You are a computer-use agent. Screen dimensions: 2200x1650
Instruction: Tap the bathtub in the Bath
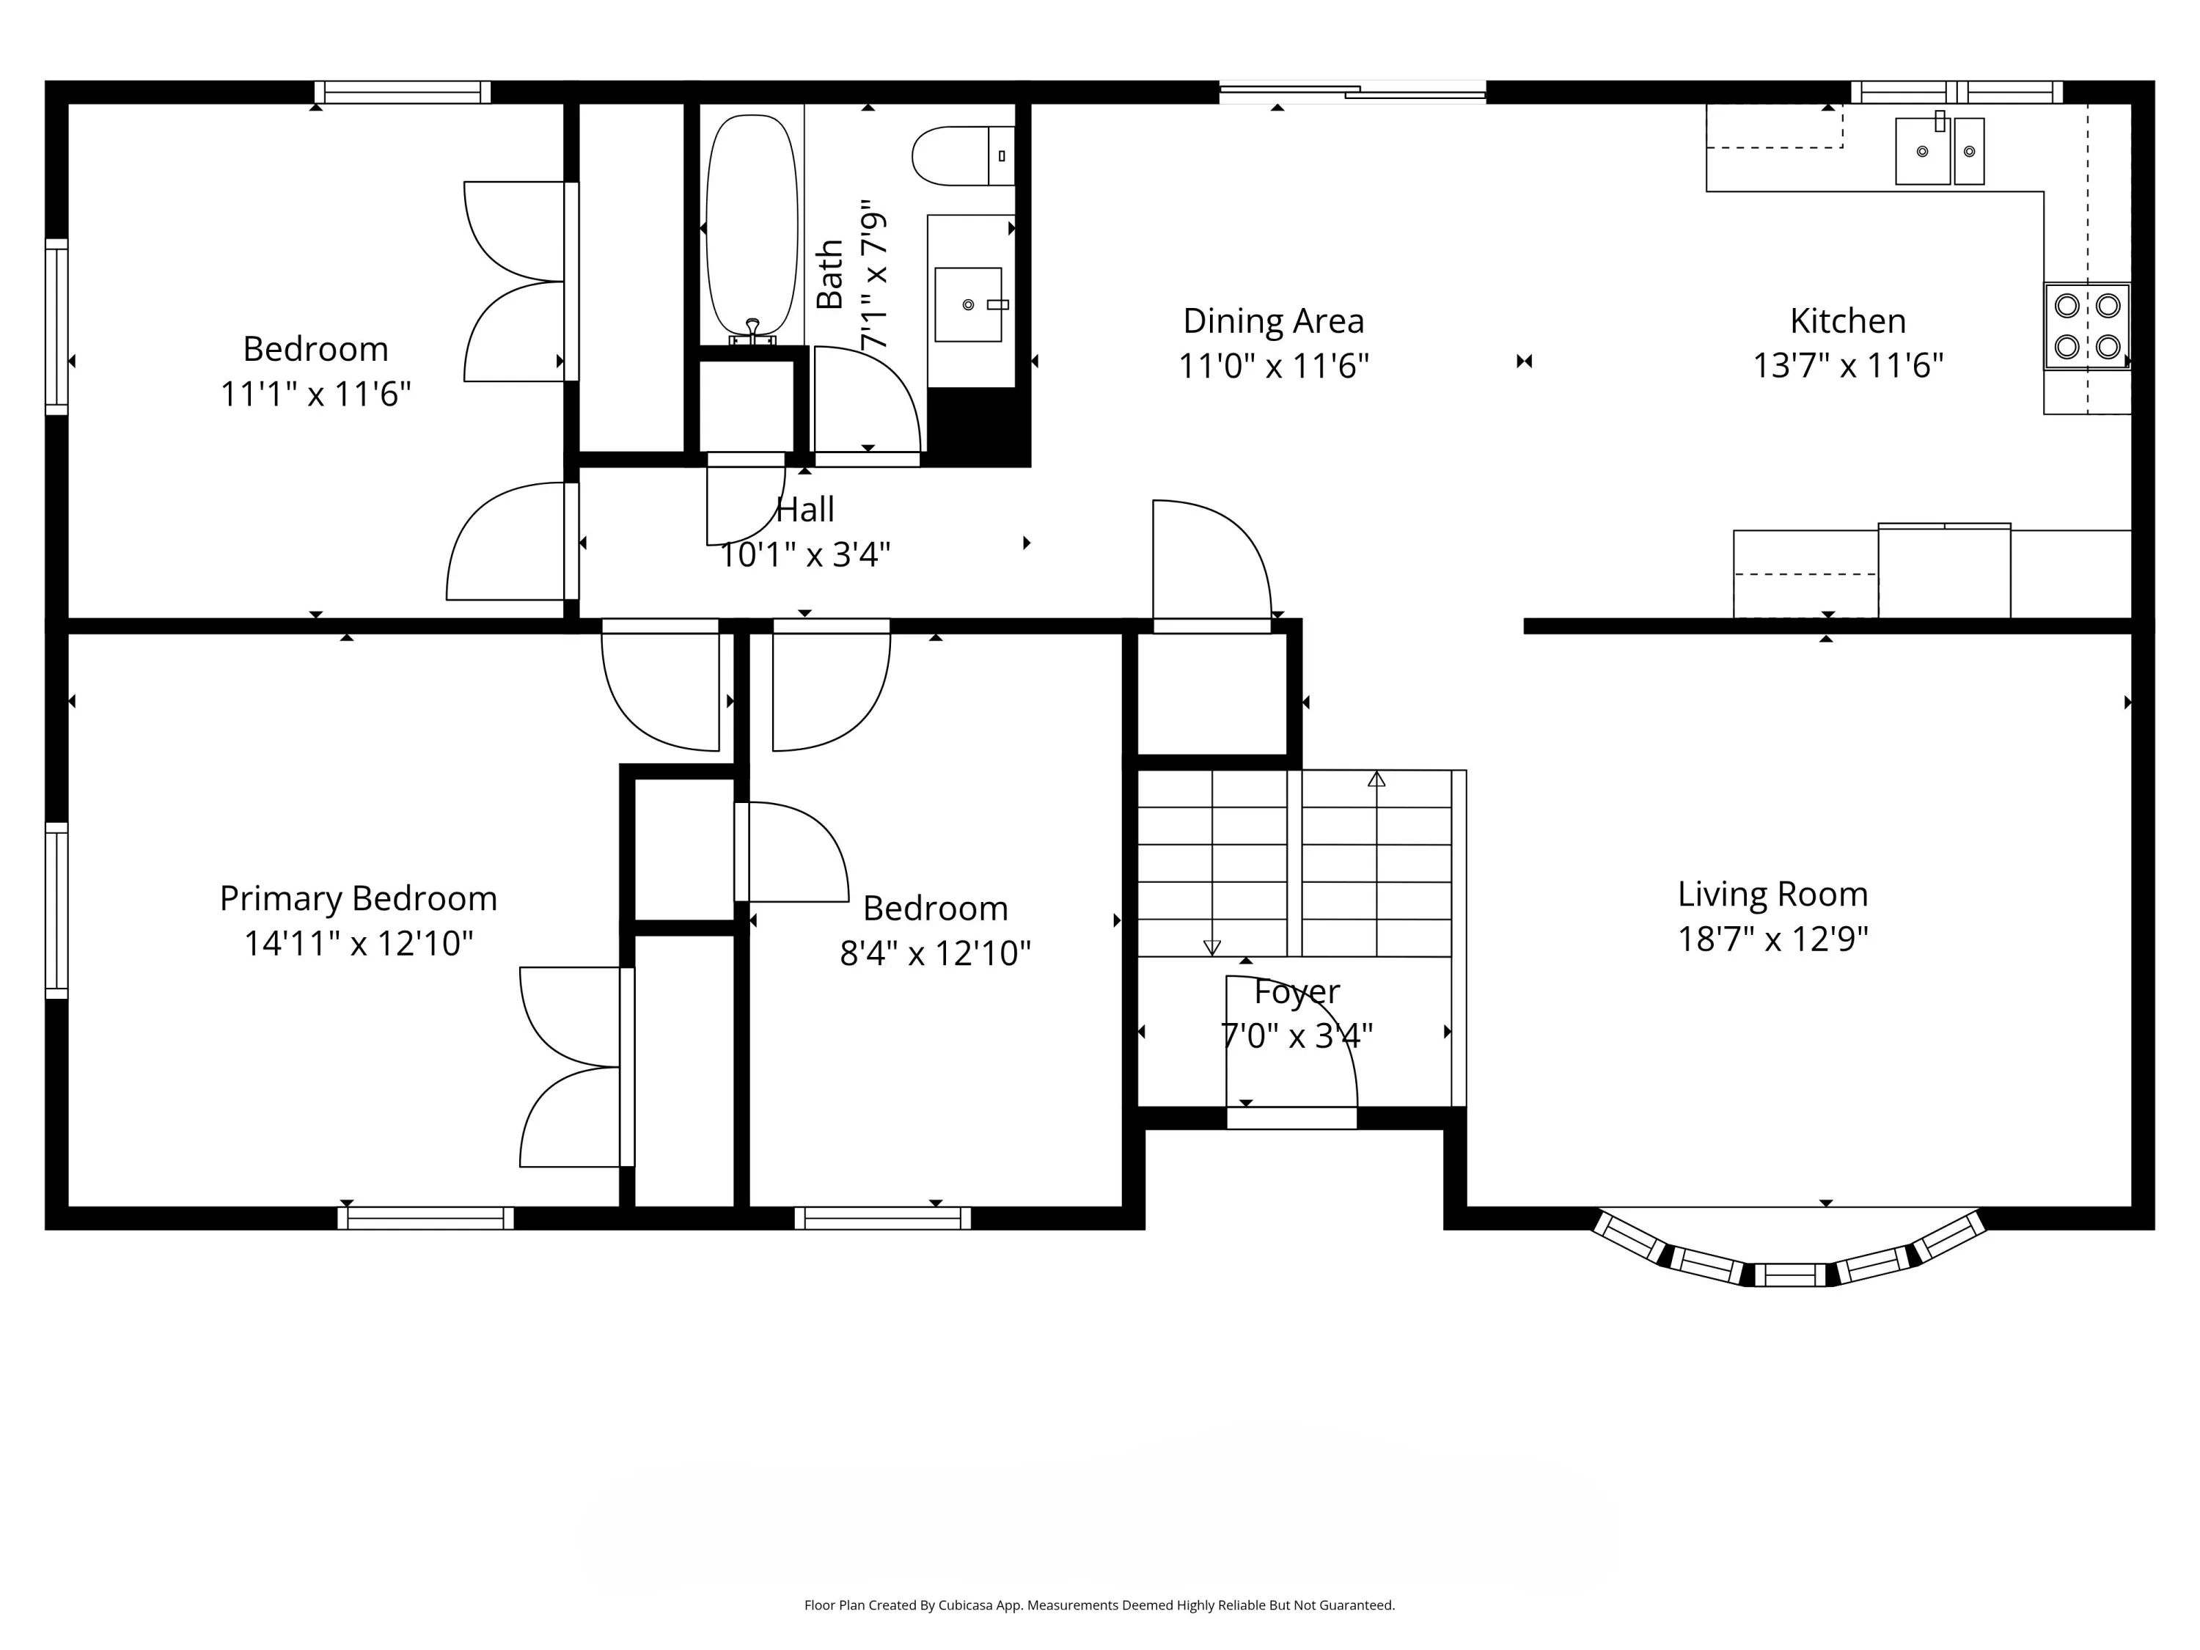pos(752,226)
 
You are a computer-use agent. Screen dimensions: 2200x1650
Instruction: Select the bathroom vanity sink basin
pos(968,304)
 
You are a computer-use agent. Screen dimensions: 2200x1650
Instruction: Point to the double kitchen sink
pos(1940,151)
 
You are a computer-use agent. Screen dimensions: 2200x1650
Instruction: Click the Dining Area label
pos(1273,321)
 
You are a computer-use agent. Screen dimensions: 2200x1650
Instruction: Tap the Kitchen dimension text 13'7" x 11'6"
pos(1847,366)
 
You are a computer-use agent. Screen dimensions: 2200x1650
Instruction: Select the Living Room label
pos(1772,894)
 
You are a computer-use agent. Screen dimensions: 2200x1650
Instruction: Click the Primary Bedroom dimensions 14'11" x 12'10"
pos(358,943)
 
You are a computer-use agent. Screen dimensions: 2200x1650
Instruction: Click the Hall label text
pos(804,509)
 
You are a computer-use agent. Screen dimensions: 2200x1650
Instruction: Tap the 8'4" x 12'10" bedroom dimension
pos(935,953)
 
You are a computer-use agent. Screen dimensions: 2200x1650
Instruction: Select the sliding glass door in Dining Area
pos(1352,92)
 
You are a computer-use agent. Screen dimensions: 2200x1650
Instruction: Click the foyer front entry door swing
pos(1291,1044)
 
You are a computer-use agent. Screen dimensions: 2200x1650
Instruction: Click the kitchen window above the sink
pos(1957,92)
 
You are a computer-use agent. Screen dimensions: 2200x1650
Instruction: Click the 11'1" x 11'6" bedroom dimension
pos(315,395)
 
